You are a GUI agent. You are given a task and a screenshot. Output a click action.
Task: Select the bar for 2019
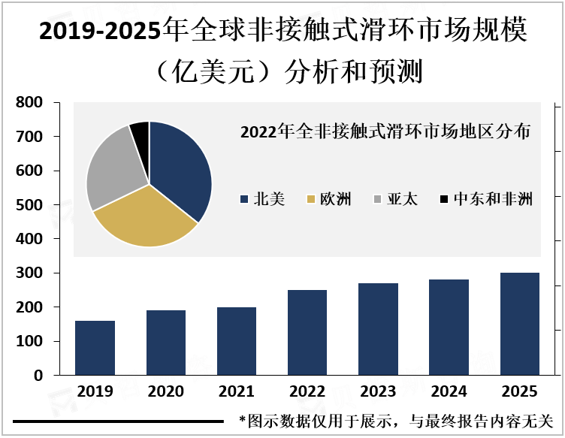pos(95,348)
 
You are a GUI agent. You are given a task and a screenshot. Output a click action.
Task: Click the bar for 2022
pos(307,332)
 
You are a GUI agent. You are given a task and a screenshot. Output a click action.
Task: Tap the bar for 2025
pos(519,324)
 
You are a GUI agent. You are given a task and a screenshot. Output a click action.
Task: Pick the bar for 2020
pos(165,343)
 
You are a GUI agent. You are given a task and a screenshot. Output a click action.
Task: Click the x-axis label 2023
pos(378,391)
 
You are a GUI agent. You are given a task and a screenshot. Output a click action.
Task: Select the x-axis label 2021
pos(237,391)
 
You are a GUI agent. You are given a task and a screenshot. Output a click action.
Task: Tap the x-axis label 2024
pos(449,391)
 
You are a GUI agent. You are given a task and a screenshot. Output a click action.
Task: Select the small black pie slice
pos(140,131)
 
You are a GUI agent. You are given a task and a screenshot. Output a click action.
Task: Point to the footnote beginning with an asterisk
pos(395,421)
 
